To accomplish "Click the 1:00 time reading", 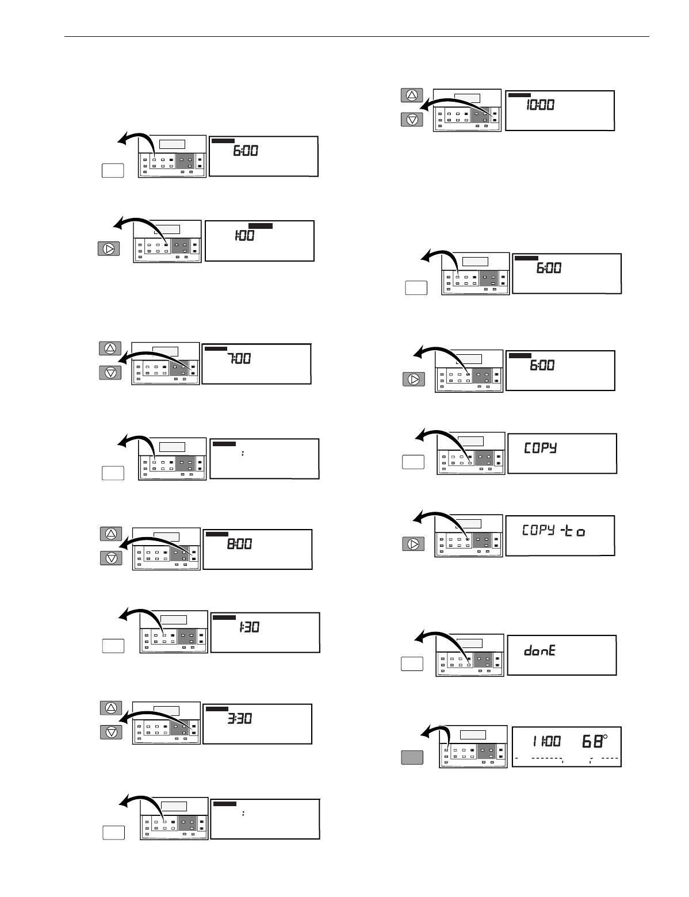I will [x=244, y=235].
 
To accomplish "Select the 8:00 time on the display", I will [x=239, y=544].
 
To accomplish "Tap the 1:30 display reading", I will [x=249, y=628].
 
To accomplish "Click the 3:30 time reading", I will [x=239, y=719].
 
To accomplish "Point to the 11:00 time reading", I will [x=546, y=742].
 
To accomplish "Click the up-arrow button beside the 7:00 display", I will [x=111, y=348].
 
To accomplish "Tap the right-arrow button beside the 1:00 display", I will [x=109, y=249].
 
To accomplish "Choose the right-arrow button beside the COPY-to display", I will [x=412, y=543].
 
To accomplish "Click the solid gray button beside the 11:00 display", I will [x=412, y=757].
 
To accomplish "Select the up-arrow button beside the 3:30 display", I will [x=111, y=707].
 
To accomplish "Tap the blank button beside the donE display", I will [x=412, y=664].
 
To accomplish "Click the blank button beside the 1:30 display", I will [x=113, y=646].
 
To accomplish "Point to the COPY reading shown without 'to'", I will [x=540, y=448].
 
